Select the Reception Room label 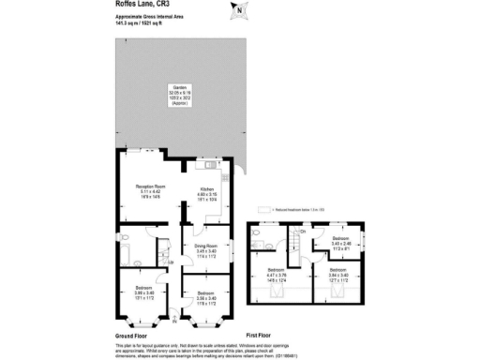143,191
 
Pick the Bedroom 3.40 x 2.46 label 342,245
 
